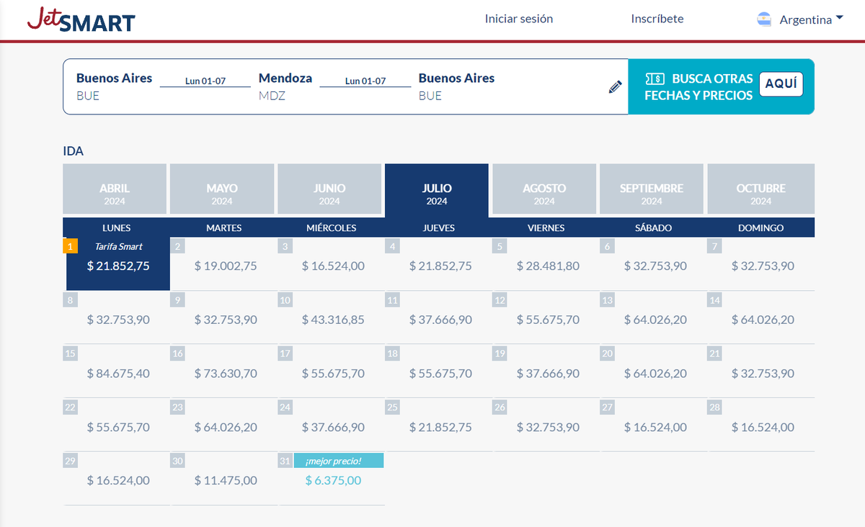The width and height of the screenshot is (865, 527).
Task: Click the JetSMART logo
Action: [81, 19]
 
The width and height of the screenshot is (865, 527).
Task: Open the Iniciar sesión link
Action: [519, 19]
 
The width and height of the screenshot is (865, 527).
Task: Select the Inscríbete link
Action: [657, 19]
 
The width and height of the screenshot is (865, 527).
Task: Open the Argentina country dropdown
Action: [800, 19]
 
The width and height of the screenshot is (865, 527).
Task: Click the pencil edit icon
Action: [615, 87]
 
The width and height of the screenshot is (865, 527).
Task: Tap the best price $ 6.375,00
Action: [333, 480]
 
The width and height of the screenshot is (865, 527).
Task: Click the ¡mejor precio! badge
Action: [338, 461]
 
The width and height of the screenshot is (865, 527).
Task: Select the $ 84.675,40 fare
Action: [118, 373]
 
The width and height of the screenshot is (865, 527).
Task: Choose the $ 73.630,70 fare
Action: [226, 373]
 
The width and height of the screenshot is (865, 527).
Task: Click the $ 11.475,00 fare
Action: [226, 480]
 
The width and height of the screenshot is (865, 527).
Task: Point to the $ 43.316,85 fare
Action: [333, 319]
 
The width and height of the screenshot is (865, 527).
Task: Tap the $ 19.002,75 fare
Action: [226, 266]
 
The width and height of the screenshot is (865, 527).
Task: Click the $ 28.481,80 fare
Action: [548, 266]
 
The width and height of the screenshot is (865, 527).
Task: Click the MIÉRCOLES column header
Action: [332, 228]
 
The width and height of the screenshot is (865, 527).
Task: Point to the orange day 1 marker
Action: [70, 246]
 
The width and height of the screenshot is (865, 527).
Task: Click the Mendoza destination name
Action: [285, 78]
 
